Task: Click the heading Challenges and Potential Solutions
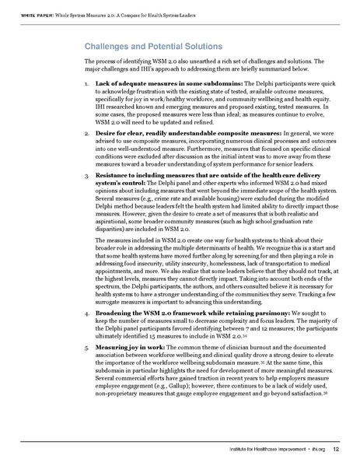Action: pos(150,46)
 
